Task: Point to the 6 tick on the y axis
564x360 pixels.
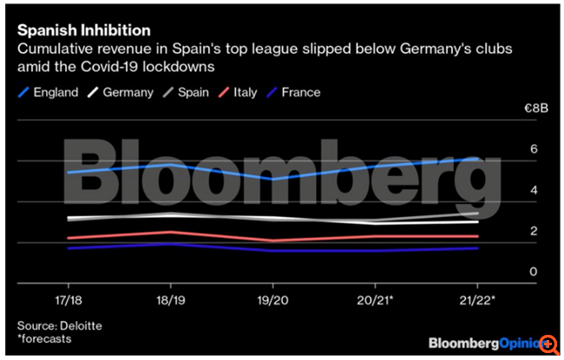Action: (x=534, y=149)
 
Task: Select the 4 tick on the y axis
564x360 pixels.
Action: (x=534, y=190)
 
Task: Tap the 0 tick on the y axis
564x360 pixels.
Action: (x=534, y=272)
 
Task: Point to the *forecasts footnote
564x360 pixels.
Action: (x=44, y=338)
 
